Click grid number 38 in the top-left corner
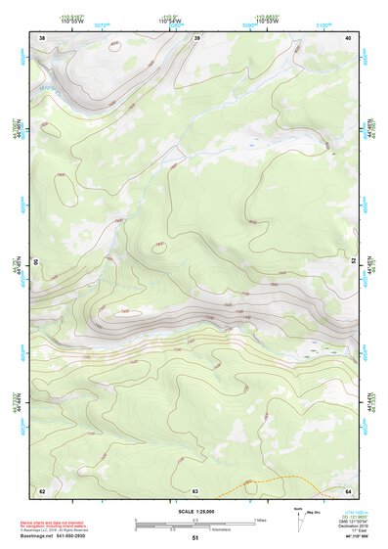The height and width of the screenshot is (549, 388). (x=42, y=37)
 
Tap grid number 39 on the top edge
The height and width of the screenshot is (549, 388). (x=197, y=37)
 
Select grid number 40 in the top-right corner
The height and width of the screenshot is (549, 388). (x=348, y=37)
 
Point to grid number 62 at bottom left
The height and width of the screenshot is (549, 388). (x=42, y=490)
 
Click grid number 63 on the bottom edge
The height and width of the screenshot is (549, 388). (x=195, y=490)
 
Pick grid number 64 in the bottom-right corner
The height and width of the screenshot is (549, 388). (x=348, y=490)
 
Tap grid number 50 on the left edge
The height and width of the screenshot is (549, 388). (x=37, y=262)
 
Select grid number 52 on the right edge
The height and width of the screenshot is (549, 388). (x=353, y=262)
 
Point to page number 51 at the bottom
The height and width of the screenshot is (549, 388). (x=194, y=538)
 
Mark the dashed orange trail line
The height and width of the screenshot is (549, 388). (x=283, y=480)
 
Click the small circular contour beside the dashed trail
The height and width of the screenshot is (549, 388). (x=252, y=486)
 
